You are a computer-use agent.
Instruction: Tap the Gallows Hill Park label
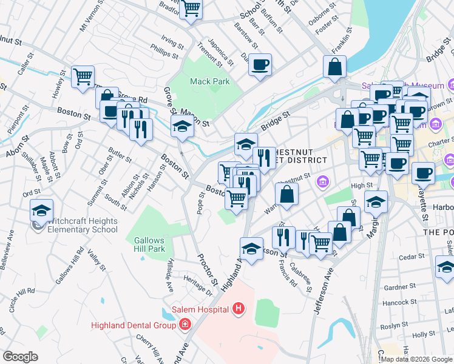[149, 244]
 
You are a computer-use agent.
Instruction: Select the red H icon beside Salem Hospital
[239, 309]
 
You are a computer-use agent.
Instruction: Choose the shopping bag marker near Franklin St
[335, 67]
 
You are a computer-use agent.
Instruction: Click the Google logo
[20, 357]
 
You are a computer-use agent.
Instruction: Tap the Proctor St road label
[206, 270]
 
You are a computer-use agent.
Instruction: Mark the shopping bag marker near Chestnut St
[287, 195]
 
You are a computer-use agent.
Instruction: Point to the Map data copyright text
[416, 359]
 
